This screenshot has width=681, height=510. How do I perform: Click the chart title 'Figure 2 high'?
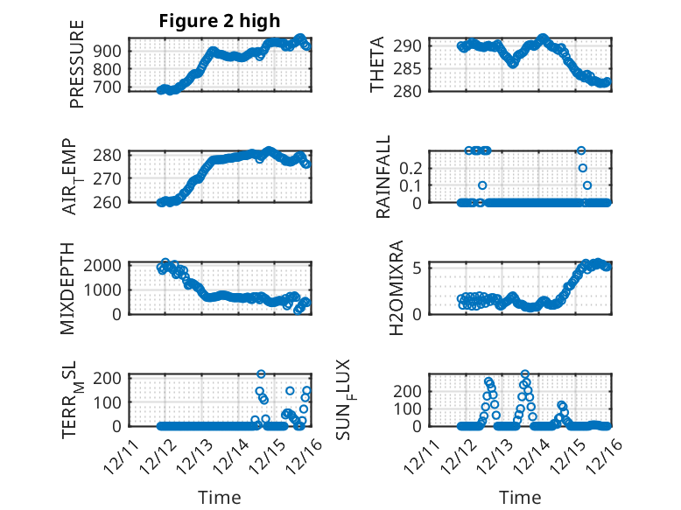[220, 22]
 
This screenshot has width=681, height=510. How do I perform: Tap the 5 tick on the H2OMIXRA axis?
[418, 268]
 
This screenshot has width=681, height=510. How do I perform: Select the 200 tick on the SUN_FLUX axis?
[411, 390]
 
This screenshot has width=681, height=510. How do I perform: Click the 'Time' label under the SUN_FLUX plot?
[520, 498]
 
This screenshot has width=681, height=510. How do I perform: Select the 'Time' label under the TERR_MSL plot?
[220, 498]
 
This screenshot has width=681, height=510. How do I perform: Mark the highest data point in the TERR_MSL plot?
[261, 374]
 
